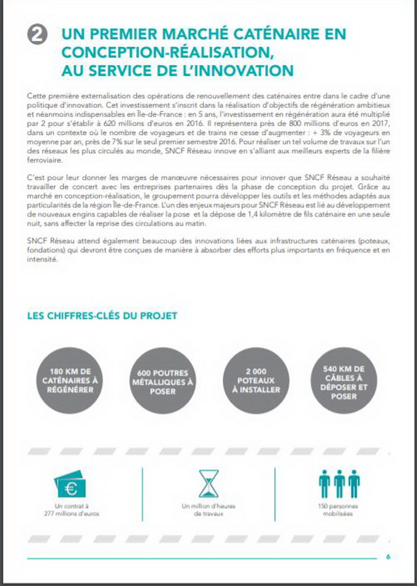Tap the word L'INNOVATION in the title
240,70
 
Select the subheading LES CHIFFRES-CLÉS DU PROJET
102,316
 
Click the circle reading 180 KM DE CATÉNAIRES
69,380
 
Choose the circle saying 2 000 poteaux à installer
256,381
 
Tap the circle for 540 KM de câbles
344,380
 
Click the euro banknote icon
70,484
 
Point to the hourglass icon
208,484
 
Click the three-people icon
339,484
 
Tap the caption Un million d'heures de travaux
208,510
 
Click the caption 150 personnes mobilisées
338,510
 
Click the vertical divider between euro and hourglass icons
142,494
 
